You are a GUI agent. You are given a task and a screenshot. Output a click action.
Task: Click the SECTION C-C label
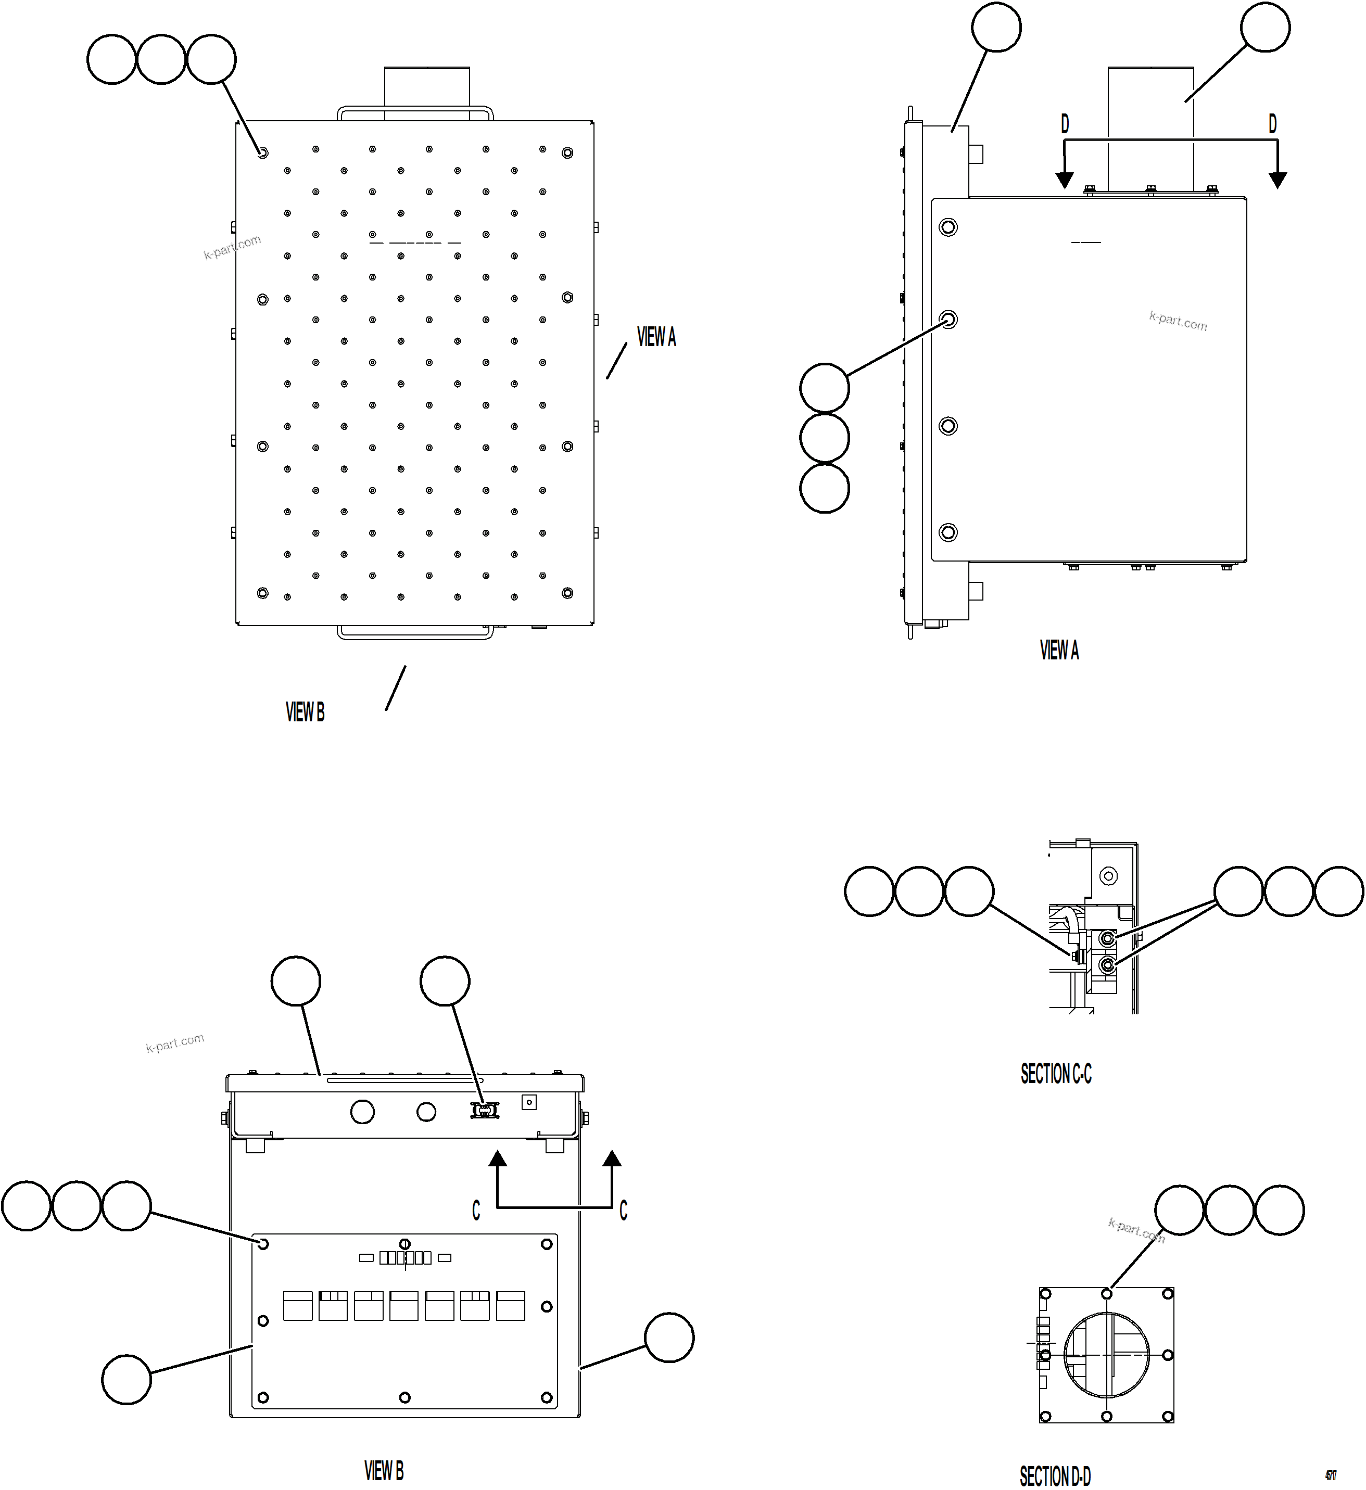(1056, 1073)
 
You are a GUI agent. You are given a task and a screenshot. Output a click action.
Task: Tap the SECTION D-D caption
(1055, 1476)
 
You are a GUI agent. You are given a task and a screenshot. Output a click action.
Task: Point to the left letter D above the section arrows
(1065, 124)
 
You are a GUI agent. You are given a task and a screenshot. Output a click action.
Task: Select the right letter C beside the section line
(623, 1211)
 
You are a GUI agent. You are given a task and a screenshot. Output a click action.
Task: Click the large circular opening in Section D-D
(1107, 1355)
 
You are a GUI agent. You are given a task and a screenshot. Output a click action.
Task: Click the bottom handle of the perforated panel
(415, 633)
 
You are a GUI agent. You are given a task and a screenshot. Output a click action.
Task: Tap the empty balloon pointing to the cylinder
(1266, 28)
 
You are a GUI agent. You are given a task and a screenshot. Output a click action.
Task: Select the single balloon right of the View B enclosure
(669, 1337)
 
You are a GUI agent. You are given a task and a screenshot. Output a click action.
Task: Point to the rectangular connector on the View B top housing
(485, 1110)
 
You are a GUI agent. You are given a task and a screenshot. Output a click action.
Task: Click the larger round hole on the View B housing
(362, 1111)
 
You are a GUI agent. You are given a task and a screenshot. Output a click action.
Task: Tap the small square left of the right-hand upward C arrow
(528, 1102)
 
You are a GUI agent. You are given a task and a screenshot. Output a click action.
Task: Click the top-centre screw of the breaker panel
(404, 1244)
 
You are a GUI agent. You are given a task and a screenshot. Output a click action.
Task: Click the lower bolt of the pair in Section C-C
(1107, 965)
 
